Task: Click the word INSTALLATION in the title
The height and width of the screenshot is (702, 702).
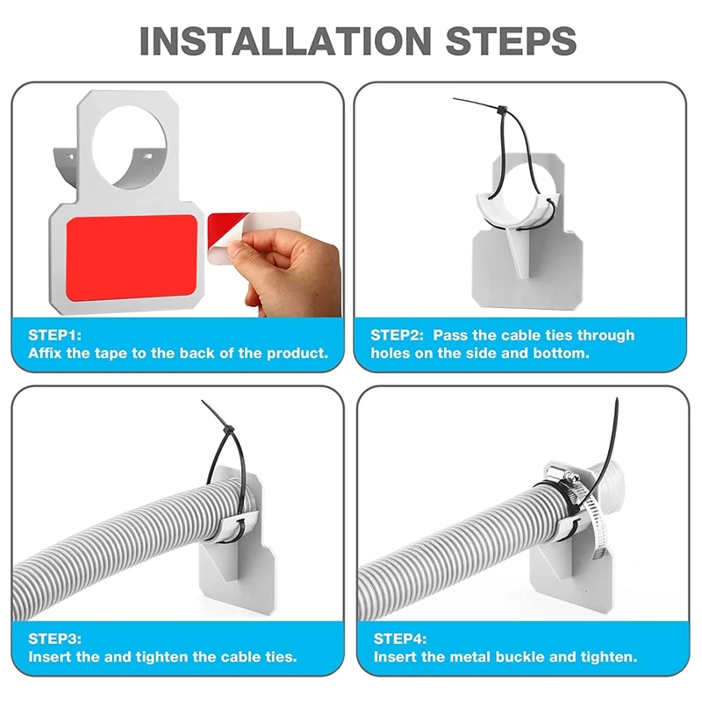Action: (286, 40)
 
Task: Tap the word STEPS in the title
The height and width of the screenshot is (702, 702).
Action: (511, 40)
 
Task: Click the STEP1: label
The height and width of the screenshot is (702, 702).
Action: (54, 335)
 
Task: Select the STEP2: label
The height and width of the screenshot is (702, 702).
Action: (397, 335)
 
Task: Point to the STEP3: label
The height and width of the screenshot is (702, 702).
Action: (54, 639)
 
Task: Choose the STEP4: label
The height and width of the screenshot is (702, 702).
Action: (400, 639)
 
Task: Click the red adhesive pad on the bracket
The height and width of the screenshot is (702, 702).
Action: (132, 258)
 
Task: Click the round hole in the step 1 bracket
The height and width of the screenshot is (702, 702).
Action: (129, 146)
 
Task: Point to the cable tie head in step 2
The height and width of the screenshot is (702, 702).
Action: (502, 110)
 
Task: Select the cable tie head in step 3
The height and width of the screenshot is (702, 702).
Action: (228, 432)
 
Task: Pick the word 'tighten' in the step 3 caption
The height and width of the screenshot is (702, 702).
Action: (162, 656)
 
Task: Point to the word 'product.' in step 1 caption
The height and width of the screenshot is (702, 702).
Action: (297, 354)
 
